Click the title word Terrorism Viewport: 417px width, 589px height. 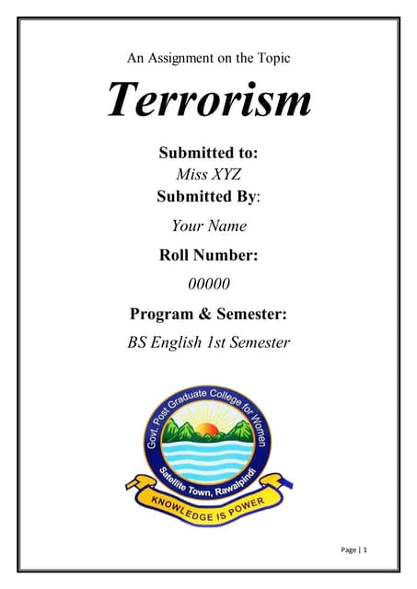pyautogui.click(x=209, y=98)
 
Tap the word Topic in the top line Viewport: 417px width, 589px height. pyautogui.click(x=272, y=58)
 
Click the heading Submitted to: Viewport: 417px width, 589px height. pyautogui.click(x=208, y=153)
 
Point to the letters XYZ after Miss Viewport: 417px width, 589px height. pyautogui.click(x=224, y=174)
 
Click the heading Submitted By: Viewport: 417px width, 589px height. pyautogui.click(x=208, y=196)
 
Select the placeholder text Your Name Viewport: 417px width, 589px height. pyautogui.click(x=209, y=225)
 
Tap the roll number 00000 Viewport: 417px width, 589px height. pyautogui.click(x=209, y=284)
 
